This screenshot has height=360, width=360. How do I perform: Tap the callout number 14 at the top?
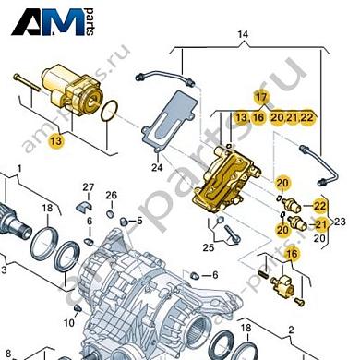pyautogui.click(x=243, y=37)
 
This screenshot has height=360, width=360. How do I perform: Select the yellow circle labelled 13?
pyautogui.click(x=57, y=141)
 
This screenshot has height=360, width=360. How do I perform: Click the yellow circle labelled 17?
pyautogui.click(x=261, y=97)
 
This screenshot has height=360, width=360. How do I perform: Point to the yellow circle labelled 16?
pyautogui.click(x=292, y=255)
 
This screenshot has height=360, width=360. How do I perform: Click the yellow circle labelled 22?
pyautogui.click(x=319, y=205)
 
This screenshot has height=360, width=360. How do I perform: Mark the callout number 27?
pyautogui.click(x=88, y=188)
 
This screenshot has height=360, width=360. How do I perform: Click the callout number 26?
pyautogui.click(x=111, y=195)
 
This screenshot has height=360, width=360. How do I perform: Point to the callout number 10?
pyautogui.click(x=69, y=322)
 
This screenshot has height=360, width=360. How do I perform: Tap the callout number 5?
pyautogui.click(x=138, y=222)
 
